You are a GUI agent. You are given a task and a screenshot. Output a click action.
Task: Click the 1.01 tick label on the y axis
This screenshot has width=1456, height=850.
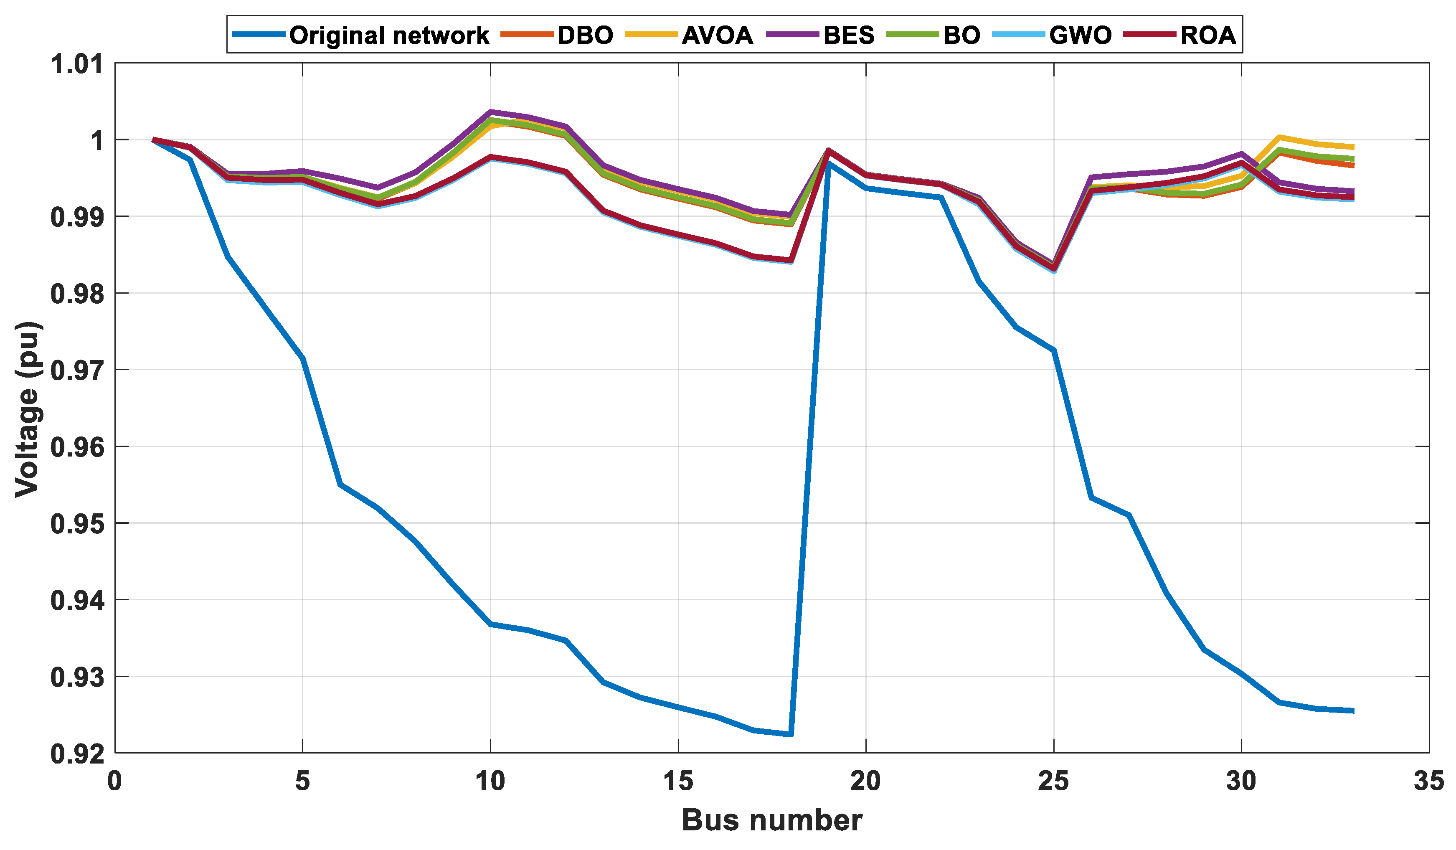77,64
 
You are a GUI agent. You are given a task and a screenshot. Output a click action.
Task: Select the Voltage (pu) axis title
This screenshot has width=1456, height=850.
27,409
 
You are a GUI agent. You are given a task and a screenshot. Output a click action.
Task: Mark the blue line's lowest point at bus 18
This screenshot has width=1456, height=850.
790,734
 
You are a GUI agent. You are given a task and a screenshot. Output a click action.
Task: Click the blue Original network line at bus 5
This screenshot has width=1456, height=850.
303,359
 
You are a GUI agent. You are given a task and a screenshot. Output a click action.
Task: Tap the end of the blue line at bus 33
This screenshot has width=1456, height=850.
1354,711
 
